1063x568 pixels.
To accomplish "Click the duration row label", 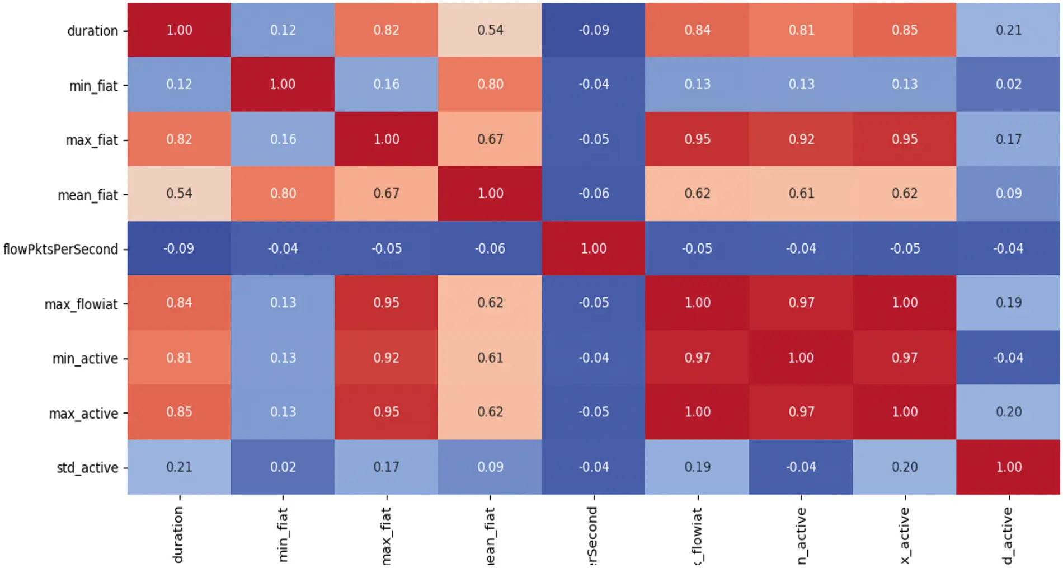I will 92,31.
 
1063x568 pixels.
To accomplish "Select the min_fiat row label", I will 93,86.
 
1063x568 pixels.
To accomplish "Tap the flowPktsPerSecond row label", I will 60,249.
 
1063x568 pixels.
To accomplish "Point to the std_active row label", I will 87,467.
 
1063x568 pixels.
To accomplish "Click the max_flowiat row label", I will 81,304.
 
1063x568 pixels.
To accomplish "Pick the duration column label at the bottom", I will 178,534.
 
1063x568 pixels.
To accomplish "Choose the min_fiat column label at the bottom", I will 282,534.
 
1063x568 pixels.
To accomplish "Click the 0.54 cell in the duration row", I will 490,30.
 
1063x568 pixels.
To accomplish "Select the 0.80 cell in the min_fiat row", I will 490,85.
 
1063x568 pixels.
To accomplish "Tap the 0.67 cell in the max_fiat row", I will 490,139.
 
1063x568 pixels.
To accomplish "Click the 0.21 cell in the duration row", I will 1009,30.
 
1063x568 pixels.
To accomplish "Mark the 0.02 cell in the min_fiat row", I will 1009,85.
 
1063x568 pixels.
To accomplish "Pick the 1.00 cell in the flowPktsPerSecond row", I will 594,248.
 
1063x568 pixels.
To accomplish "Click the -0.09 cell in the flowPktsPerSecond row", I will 179,248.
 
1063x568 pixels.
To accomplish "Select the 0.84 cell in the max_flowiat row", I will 179,303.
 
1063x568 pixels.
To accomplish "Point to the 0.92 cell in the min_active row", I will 386,358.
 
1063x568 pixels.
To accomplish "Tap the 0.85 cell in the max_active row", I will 179,412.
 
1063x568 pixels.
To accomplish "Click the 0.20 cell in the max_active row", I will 1009,412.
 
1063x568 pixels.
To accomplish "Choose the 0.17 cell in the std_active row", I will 386,467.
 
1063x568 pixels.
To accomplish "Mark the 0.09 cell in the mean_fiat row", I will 1009,194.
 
